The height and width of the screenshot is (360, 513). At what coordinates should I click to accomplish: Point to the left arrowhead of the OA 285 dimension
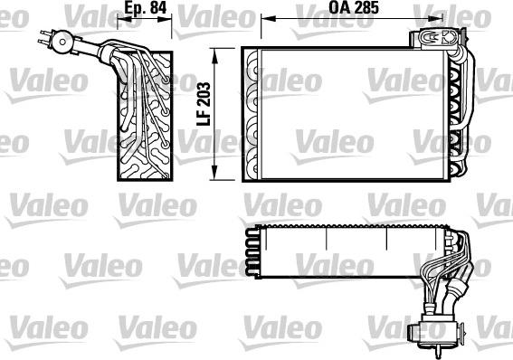[x=263, y=18]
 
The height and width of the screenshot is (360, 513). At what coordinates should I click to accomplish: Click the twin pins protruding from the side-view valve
[x=43, y=36]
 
